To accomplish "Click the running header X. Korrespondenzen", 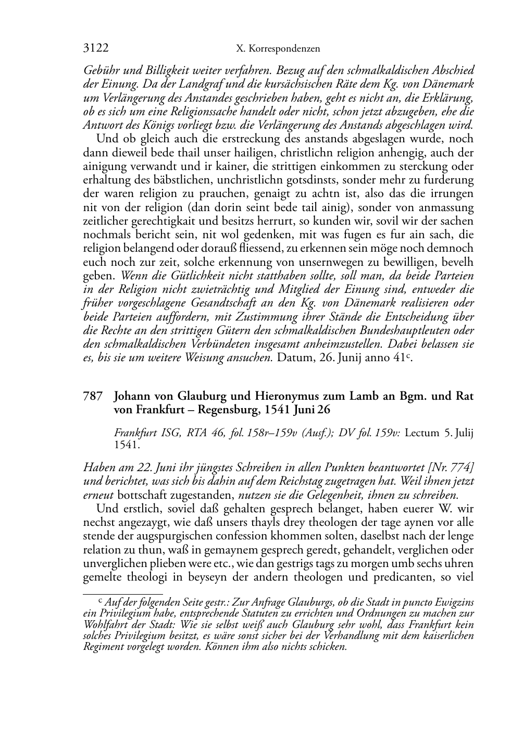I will (278, 49).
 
